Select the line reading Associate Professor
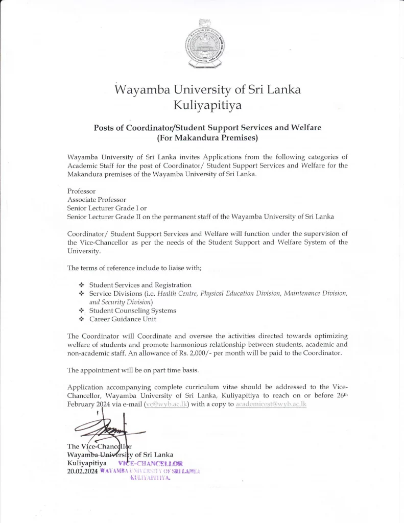point(97,200)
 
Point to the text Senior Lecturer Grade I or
point(107,208)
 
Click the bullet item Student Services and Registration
point(140,284)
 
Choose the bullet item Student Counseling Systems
point(132,311)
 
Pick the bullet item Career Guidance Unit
point(123,319)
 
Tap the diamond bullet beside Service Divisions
point(81,294)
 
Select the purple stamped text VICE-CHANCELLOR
point(147,463)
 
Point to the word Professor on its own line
point(81,191)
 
